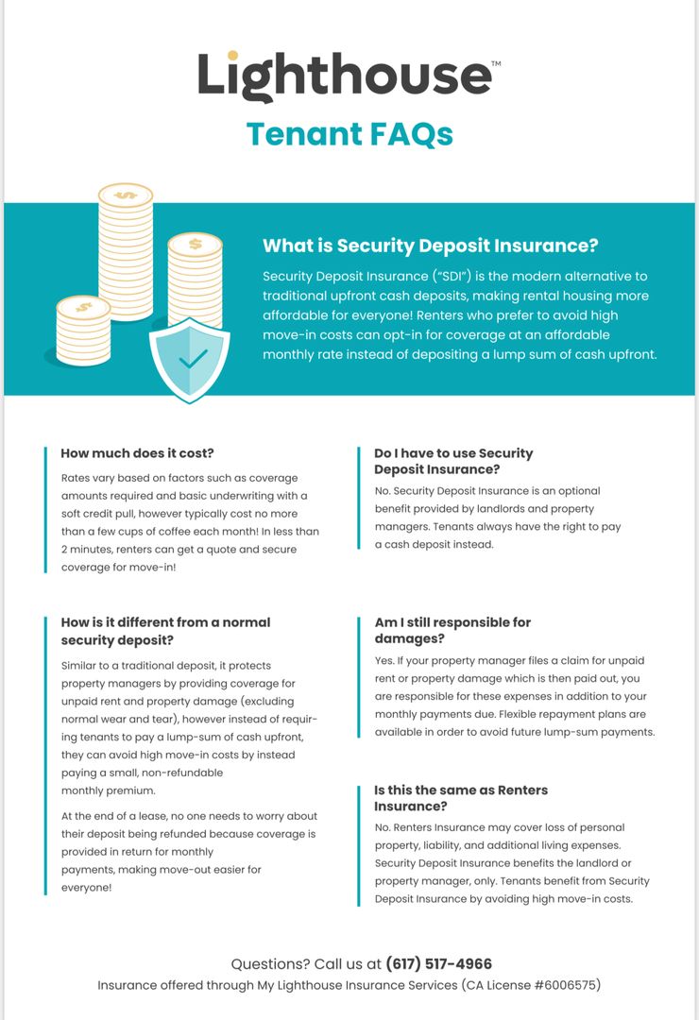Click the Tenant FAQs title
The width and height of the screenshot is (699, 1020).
pyautogui.click(x=349, y=134)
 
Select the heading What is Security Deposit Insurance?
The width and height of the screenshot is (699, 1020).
pyautogui.click(x=430, y=246)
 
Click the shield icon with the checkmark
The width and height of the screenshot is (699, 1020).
pyautogui.click(x=190, y=359)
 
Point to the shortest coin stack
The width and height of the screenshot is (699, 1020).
pyautogui.click(x=83, y=331)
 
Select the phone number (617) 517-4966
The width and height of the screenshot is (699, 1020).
pyautogui.click(x=438, y=964)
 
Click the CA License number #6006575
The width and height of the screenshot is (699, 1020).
pyautogui.click(x=565, y=985)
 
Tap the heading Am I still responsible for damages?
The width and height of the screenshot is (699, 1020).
pyautogui.click(x=452, y=630)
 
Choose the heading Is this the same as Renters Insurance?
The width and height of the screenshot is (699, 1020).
pyautogui.click(x=461, y=797)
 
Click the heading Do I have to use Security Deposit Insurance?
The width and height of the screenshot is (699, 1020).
pyautogui.click(x=453, y=461)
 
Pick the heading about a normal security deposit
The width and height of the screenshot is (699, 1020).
pyautogui.click(x=165, y=630)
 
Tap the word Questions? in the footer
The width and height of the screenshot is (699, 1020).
pyautogui.click(x=268, y=964)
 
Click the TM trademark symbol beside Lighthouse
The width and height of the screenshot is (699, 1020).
pyautogui.click(x=496, y=63)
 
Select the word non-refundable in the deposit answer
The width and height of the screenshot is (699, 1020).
pyautogui.click(x=182, y=773)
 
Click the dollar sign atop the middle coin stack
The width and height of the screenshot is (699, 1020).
pyautogui.click(x=195, y=244)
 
